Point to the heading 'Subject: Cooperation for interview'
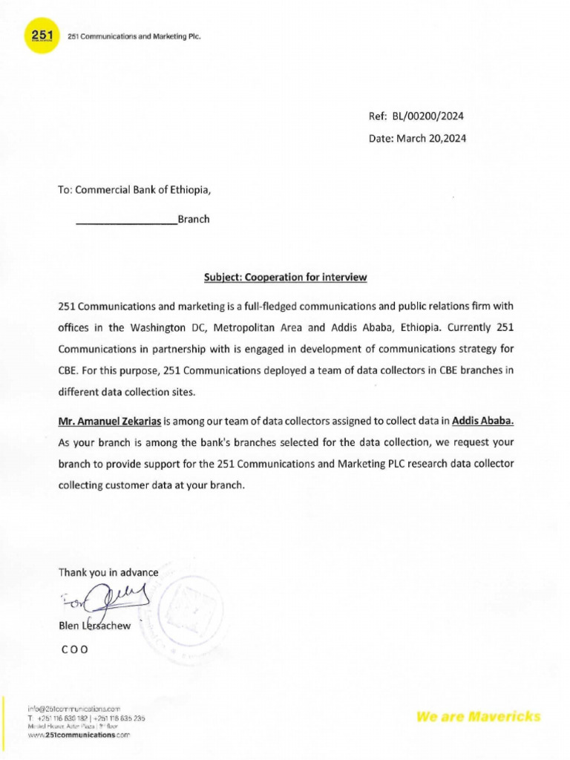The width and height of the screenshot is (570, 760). coord(286,278)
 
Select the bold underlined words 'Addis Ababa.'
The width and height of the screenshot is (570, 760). coord(482,422)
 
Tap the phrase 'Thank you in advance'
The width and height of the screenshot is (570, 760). coord(108,572)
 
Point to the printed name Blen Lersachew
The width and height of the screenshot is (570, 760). coord(94,626)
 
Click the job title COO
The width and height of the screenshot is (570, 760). coord(73,648)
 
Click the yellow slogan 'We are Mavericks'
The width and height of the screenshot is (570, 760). coord(479,716)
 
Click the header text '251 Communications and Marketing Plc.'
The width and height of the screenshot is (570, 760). coord(134,36)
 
